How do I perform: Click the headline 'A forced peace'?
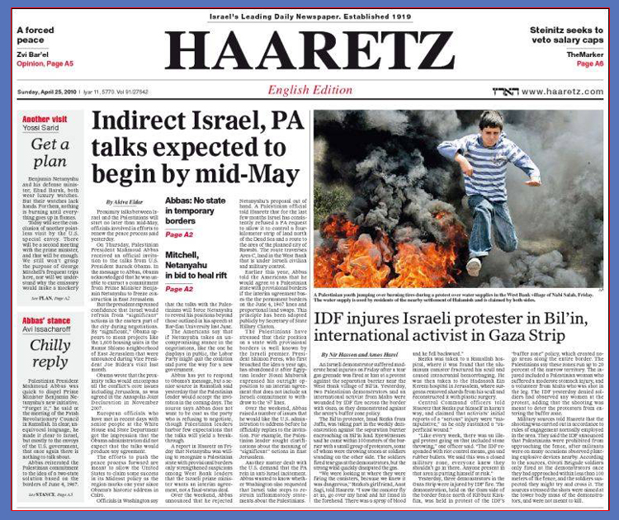coord(37,36)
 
